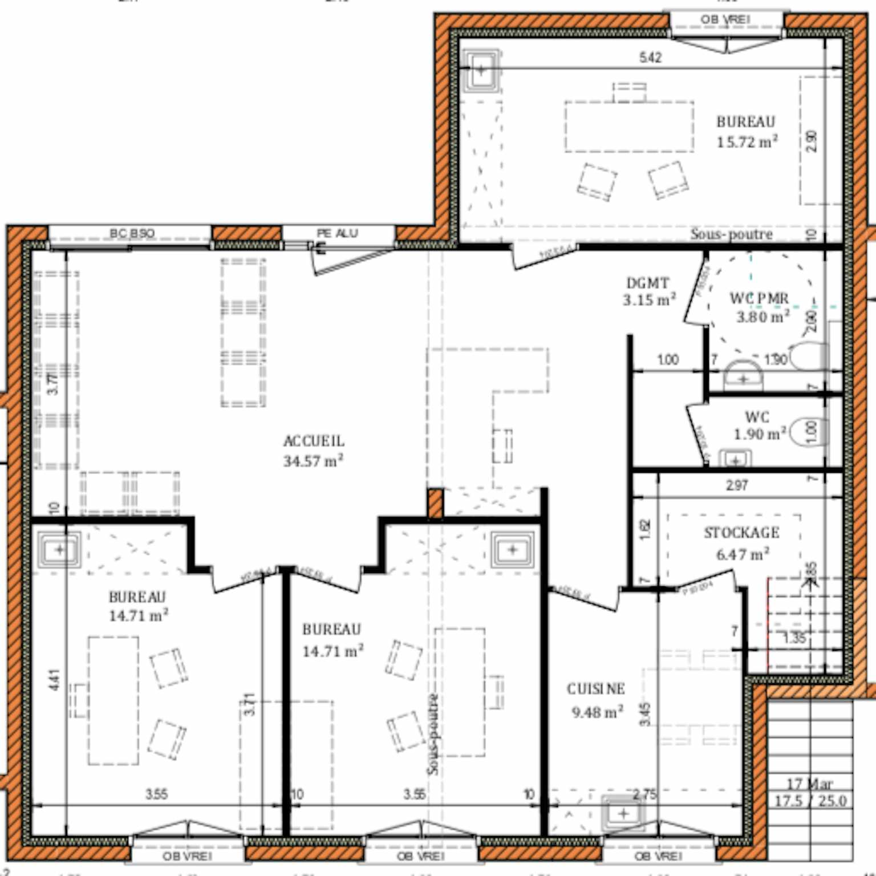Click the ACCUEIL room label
tap(314, 441)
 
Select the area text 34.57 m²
tap(313, 461)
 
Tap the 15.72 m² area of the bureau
tap(747, 142)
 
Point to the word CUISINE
tap(595, 689)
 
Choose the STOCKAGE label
tap(741, 533)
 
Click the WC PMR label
tap(759, 298)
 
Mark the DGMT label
tap(647, 283)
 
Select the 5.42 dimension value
tap(650, 57)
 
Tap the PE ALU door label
tap(337, 233)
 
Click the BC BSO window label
tap(132, 233)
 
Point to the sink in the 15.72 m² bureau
tap(482, 71)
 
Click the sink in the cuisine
tap(623, 813)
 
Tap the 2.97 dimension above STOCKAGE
tap(737, 485)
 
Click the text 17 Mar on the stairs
tap(809, 784)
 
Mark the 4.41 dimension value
tap(54, 679)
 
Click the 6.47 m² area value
tap(743, 554)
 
